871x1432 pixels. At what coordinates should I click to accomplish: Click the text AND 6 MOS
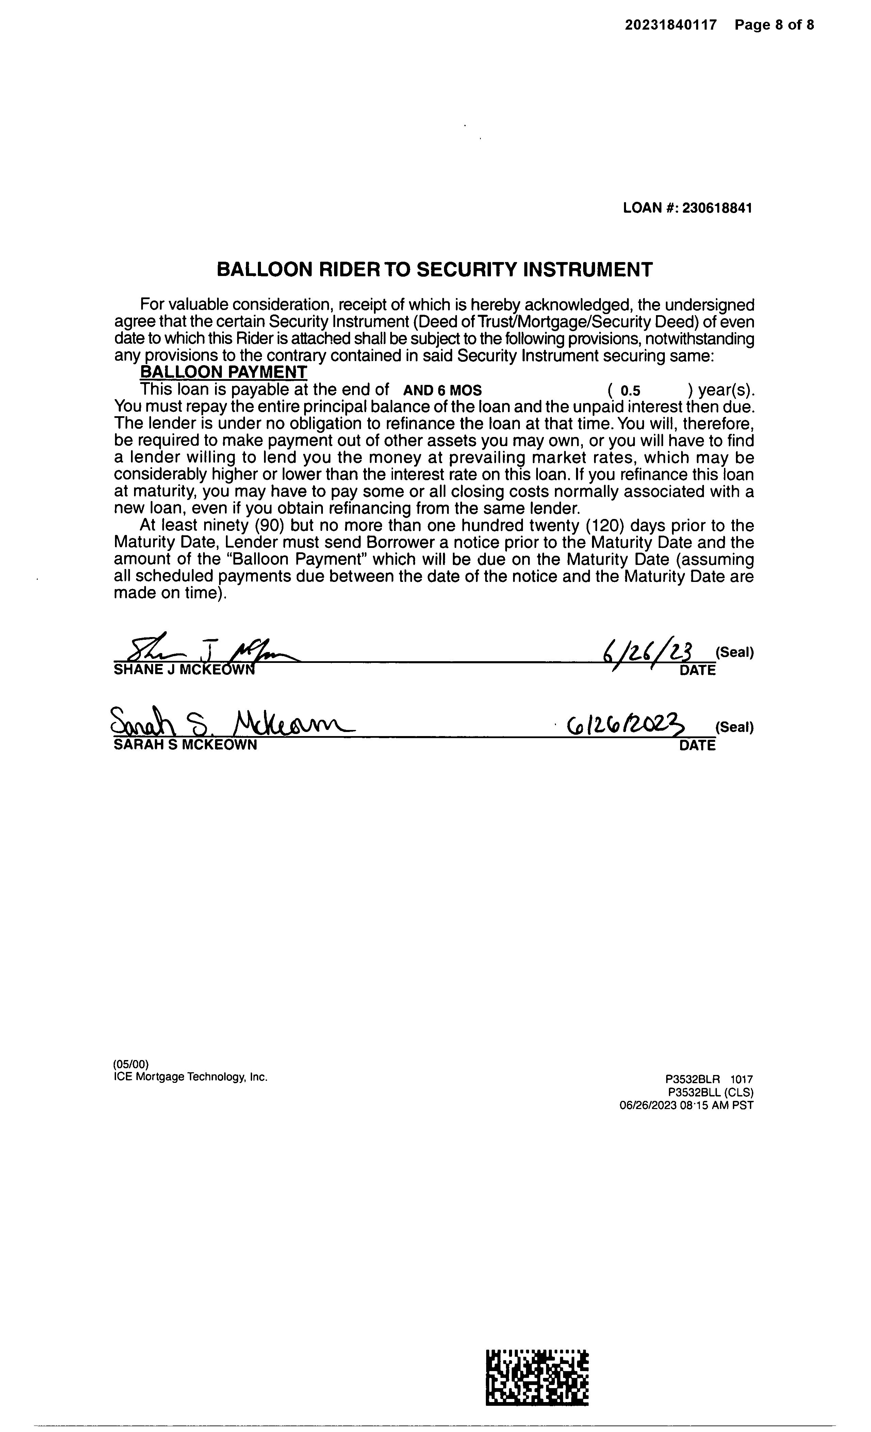point(442,391)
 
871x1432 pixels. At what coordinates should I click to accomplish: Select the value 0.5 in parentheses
point(630,391)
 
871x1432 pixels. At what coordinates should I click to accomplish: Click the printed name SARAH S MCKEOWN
point(185,745)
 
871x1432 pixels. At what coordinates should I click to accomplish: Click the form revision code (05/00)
point(131,1065)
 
